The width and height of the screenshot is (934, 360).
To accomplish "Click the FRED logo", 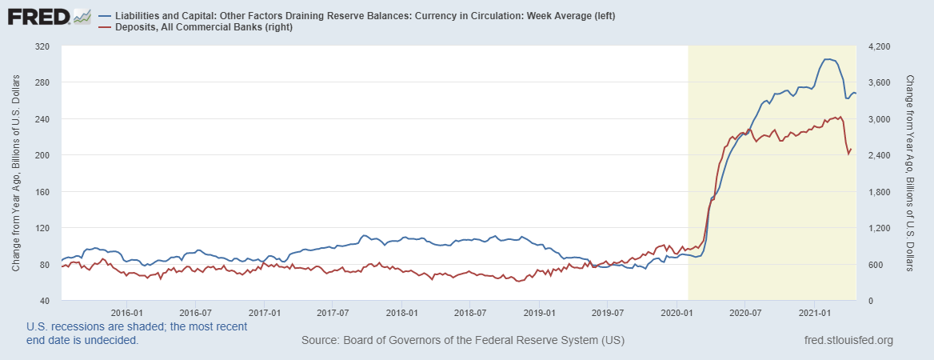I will click(x=49, y=16).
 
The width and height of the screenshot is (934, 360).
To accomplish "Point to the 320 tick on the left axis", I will click(x=42, y=46).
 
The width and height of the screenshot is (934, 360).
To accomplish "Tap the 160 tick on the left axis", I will click(x=42, y=192).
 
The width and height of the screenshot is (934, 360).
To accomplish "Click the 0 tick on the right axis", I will click(x=867, y=301).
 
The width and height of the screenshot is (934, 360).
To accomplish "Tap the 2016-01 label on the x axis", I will click(x=127, y=312).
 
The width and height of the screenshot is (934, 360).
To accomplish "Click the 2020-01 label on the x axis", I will click(x=677, y=312).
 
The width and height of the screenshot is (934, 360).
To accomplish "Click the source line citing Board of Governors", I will click(x=463, y=341).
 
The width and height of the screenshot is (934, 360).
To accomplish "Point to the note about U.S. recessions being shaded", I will click(x=137, y=334).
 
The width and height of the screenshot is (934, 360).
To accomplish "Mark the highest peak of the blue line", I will click(x=828, y=59).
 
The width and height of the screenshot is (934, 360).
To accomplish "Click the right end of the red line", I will click(x=851, y=149).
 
